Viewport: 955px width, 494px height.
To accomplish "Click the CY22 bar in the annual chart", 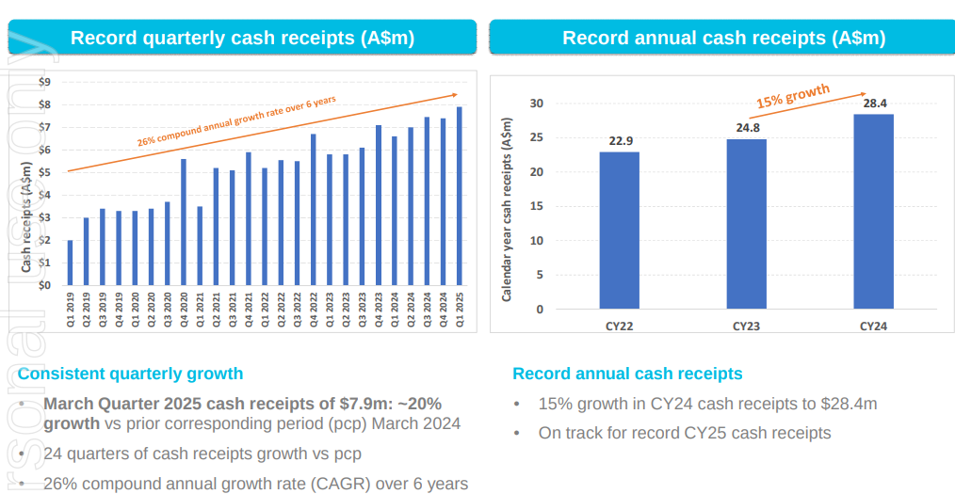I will (619, 231).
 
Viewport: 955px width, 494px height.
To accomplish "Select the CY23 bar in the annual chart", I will (746, 224).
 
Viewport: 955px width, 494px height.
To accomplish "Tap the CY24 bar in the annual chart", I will (873, 212).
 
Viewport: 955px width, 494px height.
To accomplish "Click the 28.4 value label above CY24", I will (875, 103).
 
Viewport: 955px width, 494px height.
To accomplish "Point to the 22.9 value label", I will (621, 141).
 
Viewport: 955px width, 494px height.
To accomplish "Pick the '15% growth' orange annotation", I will (793, 96).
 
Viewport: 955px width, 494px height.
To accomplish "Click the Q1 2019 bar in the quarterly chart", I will (70, 263).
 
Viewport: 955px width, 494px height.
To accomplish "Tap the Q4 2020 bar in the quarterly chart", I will (184, 222).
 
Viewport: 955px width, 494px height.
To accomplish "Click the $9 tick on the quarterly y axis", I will (46, 82).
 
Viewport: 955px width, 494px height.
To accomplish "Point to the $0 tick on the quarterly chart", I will (46, 285).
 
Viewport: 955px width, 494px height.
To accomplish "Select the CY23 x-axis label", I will (746, 327).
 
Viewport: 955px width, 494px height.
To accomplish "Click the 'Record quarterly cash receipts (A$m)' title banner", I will (242, 38).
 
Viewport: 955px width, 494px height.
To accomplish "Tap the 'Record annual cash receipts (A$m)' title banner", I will (723, 38).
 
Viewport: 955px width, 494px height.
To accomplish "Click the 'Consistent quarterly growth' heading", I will (130, 374).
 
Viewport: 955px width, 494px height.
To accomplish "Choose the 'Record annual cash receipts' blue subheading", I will (627, 374).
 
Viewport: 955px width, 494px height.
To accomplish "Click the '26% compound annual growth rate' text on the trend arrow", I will (235, 120).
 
